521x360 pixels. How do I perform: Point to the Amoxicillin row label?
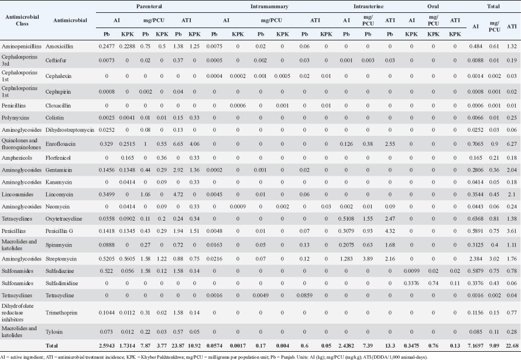pyautogui.click(x=70, y=45)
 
